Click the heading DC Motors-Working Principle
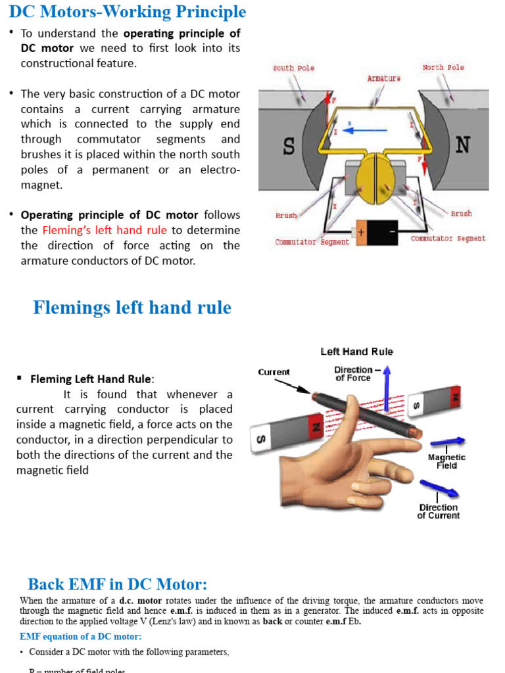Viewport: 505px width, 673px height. [128, 12]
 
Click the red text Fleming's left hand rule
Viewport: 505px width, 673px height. [105, 230]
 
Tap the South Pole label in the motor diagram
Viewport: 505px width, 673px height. [293, 68]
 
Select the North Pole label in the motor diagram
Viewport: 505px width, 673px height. [443, 67]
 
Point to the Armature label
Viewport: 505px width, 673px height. [383, 78]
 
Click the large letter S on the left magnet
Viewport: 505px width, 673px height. [288, 146]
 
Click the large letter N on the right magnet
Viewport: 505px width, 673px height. [462, 145]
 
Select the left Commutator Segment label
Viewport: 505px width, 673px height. [312, 242]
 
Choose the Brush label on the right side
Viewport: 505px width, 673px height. [461, 214]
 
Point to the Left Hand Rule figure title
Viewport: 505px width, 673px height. [356, 352]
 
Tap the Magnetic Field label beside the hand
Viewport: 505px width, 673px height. [446, 461]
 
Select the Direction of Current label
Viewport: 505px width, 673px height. [438, 511]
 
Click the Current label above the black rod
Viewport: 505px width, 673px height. [274, 372]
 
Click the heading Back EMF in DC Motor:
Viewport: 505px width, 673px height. [117, 584]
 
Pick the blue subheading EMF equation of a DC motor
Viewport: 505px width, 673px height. [80, 636]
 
